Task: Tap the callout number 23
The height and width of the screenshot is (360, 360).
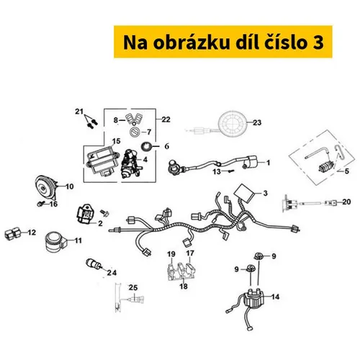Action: coord(257,122)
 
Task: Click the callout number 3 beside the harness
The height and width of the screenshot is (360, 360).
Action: coord(265,193)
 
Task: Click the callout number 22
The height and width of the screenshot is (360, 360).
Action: coord(166,120)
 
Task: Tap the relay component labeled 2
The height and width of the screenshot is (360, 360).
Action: coord(84,214)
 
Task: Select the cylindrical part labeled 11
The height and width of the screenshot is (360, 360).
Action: coord(55,242)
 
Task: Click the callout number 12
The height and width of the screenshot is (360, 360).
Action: coord(32,233)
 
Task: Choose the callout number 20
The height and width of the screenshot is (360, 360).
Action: coord(346,202)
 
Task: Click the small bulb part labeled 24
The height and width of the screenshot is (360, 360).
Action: coord(94,264)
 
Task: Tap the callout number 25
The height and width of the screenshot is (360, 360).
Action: coord(133,287)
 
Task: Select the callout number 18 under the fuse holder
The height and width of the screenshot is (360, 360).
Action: coord(184,287)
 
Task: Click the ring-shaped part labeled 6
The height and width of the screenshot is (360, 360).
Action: coord(146,146)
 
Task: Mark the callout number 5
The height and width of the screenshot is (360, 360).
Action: coord(346,171)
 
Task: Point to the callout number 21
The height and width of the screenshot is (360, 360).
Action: coord(79,112)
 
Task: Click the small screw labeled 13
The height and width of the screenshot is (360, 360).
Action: coord(231,171)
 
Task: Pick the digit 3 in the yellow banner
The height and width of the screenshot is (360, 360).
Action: coord(318,42)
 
